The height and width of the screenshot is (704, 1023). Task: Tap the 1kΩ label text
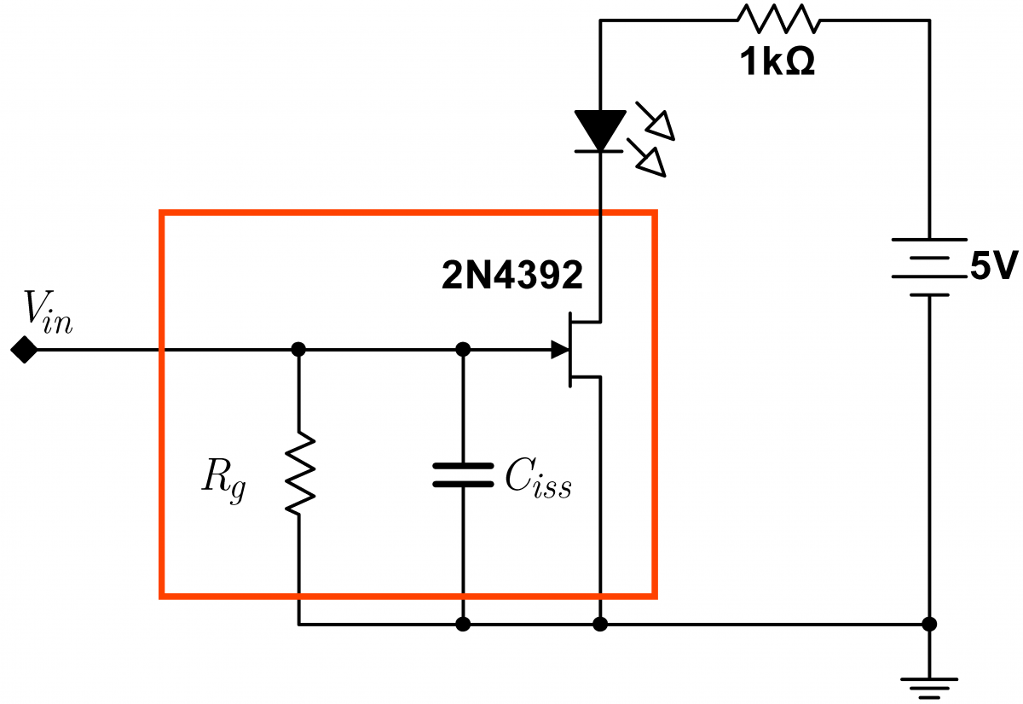point(777,64)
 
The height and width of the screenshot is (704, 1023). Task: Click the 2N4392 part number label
point(512,275)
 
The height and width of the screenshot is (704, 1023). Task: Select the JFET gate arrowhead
point(559,349)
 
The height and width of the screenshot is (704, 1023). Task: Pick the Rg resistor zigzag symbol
point(299,474)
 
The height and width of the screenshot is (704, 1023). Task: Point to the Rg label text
point(223,480)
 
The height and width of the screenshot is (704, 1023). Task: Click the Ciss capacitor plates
point(463,474)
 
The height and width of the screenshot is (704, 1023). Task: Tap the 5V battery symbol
point(929,267)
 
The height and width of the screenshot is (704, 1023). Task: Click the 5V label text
point(992,268)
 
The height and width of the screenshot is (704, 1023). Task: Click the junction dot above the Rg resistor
point(298,349)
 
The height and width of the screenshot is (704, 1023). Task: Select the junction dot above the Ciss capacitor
point(463,349)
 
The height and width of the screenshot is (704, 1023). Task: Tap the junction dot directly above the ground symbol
point(929,624)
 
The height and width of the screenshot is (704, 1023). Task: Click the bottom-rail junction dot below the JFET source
point(600,624)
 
